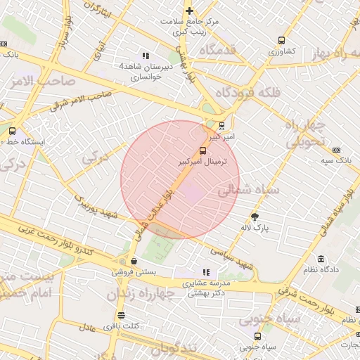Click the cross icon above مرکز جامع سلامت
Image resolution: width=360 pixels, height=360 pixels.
tap(189, 11)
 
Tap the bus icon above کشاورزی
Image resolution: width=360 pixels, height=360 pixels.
tap(281, 40)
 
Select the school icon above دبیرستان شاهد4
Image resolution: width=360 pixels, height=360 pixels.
tap(146, 56)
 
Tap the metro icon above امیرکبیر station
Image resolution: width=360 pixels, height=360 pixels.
tap(222, 126)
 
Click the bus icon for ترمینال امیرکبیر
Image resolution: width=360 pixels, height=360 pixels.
tap(203, 150)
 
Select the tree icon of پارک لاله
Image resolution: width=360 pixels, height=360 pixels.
tap(255, 217)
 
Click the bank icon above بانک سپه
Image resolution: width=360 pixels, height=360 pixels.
tap(336, 150)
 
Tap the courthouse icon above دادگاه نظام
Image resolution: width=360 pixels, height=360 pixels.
tap(321, 259)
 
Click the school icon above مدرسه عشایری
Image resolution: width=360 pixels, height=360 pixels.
tap(205, 272)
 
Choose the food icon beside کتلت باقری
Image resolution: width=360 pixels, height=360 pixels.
tap(121, 315)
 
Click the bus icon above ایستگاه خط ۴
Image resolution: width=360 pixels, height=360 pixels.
tap(12, 131)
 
